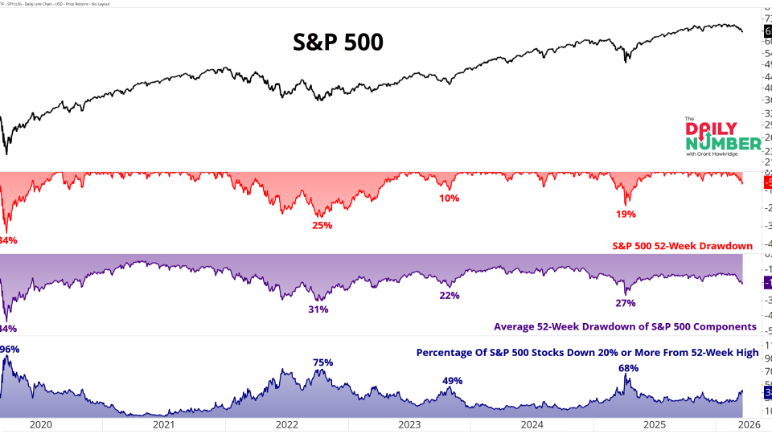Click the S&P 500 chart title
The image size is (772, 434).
[337, 41]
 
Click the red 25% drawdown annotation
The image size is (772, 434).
[322, 225]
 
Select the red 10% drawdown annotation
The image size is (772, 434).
[449, 199]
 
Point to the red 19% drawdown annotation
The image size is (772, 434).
[626, 214]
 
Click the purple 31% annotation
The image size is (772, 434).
[318, 309]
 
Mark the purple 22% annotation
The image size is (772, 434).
[449, 296]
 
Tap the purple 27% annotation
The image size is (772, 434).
[626, 303]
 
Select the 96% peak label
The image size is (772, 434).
[10, 349]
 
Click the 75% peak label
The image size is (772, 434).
[322, 362]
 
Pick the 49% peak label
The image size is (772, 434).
[452, 381]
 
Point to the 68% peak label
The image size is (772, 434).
[628, 368]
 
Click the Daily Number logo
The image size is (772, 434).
[722, 138]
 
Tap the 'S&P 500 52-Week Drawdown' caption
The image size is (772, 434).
[683, 245]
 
